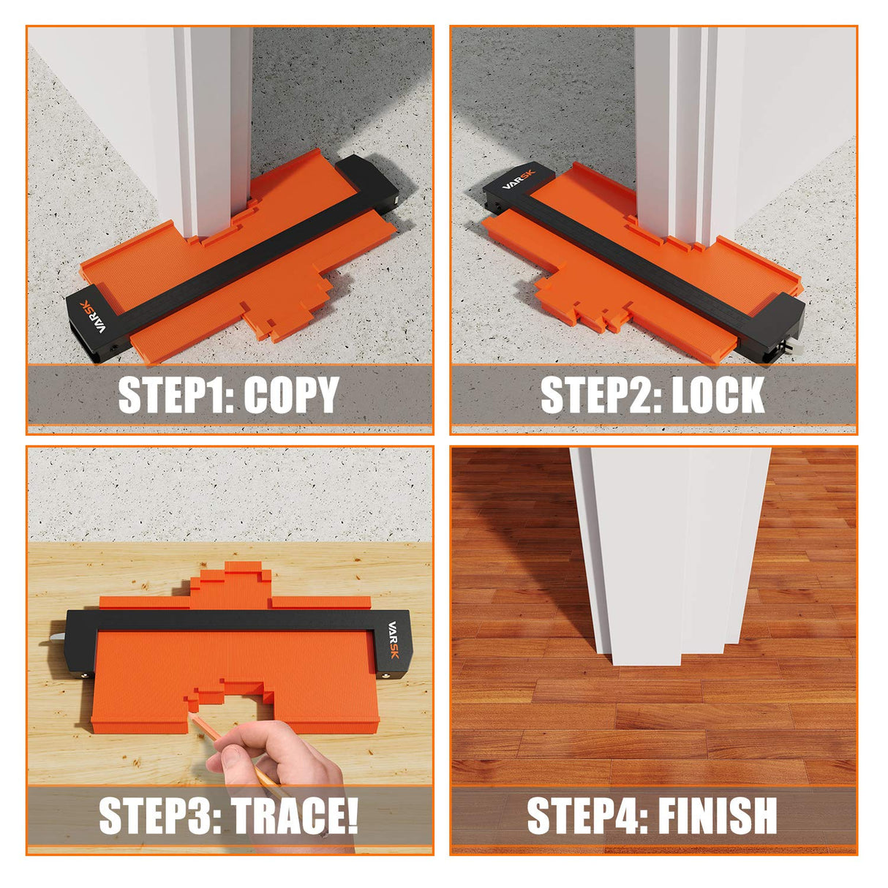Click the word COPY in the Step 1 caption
click(292, 395)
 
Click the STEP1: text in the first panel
click(177, 395)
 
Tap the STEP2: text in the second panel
click(601, 395)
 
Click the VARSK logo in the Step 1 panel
click(93, 317)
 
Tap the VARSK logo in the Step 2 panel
click(519, 180)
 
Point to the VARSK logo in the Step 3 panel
click(394, 639)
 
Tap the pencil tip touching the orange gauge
click(189, 714)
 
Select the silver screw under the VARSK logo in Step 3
click(385, 676)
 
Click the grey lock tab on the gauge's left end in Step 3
click(58, 637)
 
